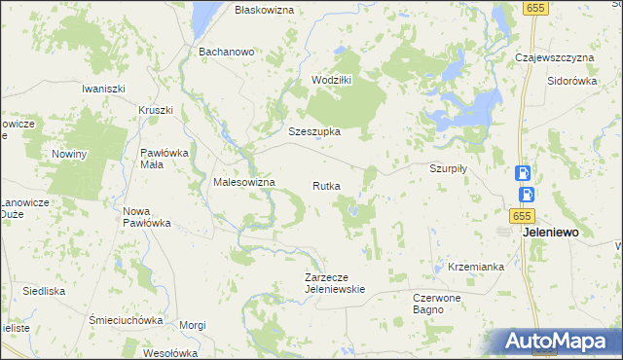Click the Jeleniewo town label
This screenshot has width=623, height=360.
[551, 234]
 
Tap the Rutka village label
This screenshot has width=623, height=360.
[326, 185]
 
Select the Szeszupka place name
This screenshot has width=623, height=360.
[313, 130]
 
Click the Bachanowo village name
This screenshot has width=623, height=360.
[226, 51]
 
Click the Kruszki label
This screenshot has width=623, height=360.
[156, 110]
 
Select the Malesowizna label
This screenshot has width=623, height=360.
[244, 182]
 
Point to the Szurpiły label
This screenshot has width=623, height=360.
[449, 167]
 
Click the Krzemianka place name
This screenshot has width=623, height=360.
[476, 267]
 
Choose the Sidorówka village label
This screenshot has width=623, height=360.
[571, 82]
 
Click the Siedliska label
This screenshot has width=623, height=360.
[44, 290]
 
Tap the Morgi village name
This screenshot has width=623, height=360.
[193, 325]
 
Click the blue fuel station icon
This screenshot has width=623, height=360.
[524, 173]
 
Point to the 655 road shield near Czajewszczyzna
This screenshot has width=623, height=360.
[531, 8]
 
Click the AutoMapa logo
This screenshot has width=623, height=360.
[555, 342]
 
